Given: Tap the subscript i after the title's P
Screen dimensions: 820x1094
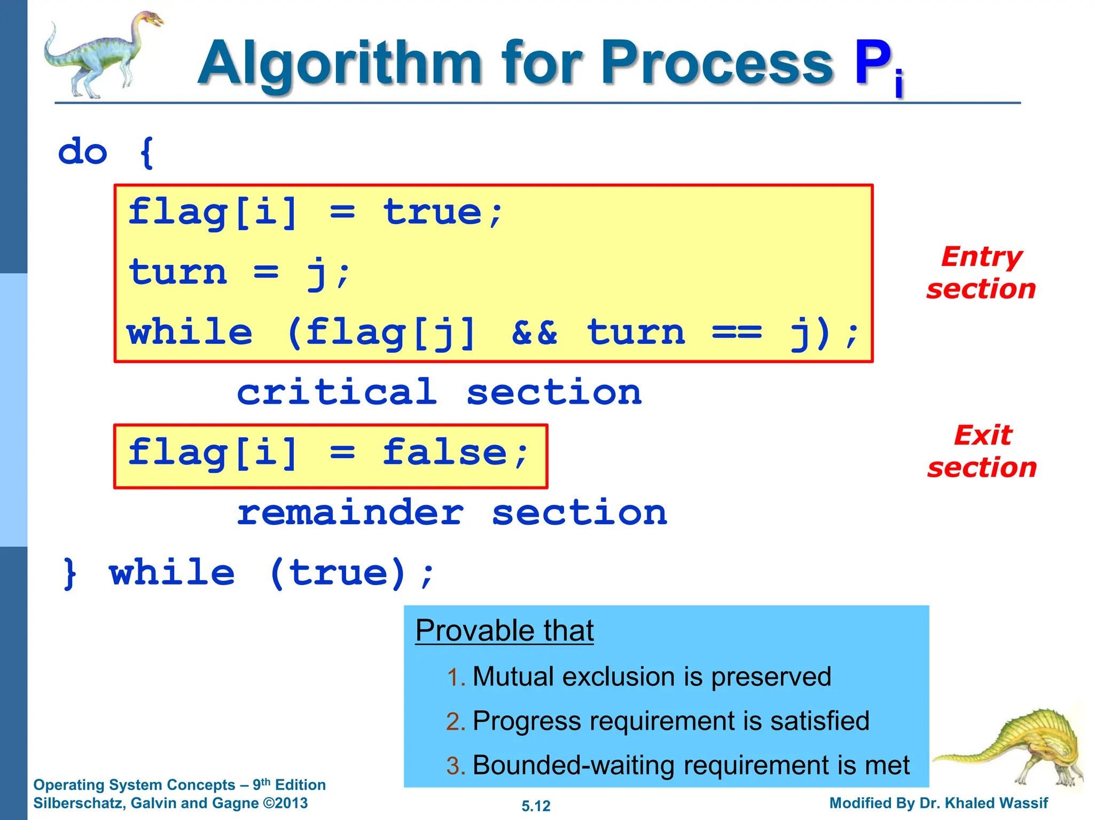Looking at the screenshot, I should tap(899, 84).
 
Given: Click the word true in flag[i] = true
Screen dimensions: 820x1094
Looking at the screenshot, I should tap(433, 212).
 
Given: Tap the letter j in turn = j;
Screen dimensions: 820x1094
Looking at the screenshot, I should tap(317, 273).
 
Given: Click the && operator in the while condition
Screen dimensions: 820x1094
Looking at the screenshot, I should tap(534, 333).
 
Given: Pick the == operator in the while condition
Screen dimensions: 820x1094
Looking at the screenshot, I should tap(737, 333).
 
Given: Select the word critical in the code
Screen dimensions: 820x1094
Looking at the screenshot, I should tap(337, 392).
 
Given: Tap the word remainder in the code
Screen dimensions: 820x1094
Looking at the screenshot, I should tap(350, 513).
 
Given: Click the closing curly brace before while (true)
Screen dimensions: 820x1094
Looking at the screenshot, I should tap(69, 574).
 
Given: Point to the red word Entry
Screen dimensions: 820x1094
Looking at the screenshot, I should tap(981, 257).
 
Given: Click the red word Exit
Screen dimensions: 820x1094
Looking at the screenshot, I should tap(982, 435).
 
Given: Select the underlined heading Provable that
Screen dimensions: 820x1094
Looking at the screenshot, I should tap(504, 630).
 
